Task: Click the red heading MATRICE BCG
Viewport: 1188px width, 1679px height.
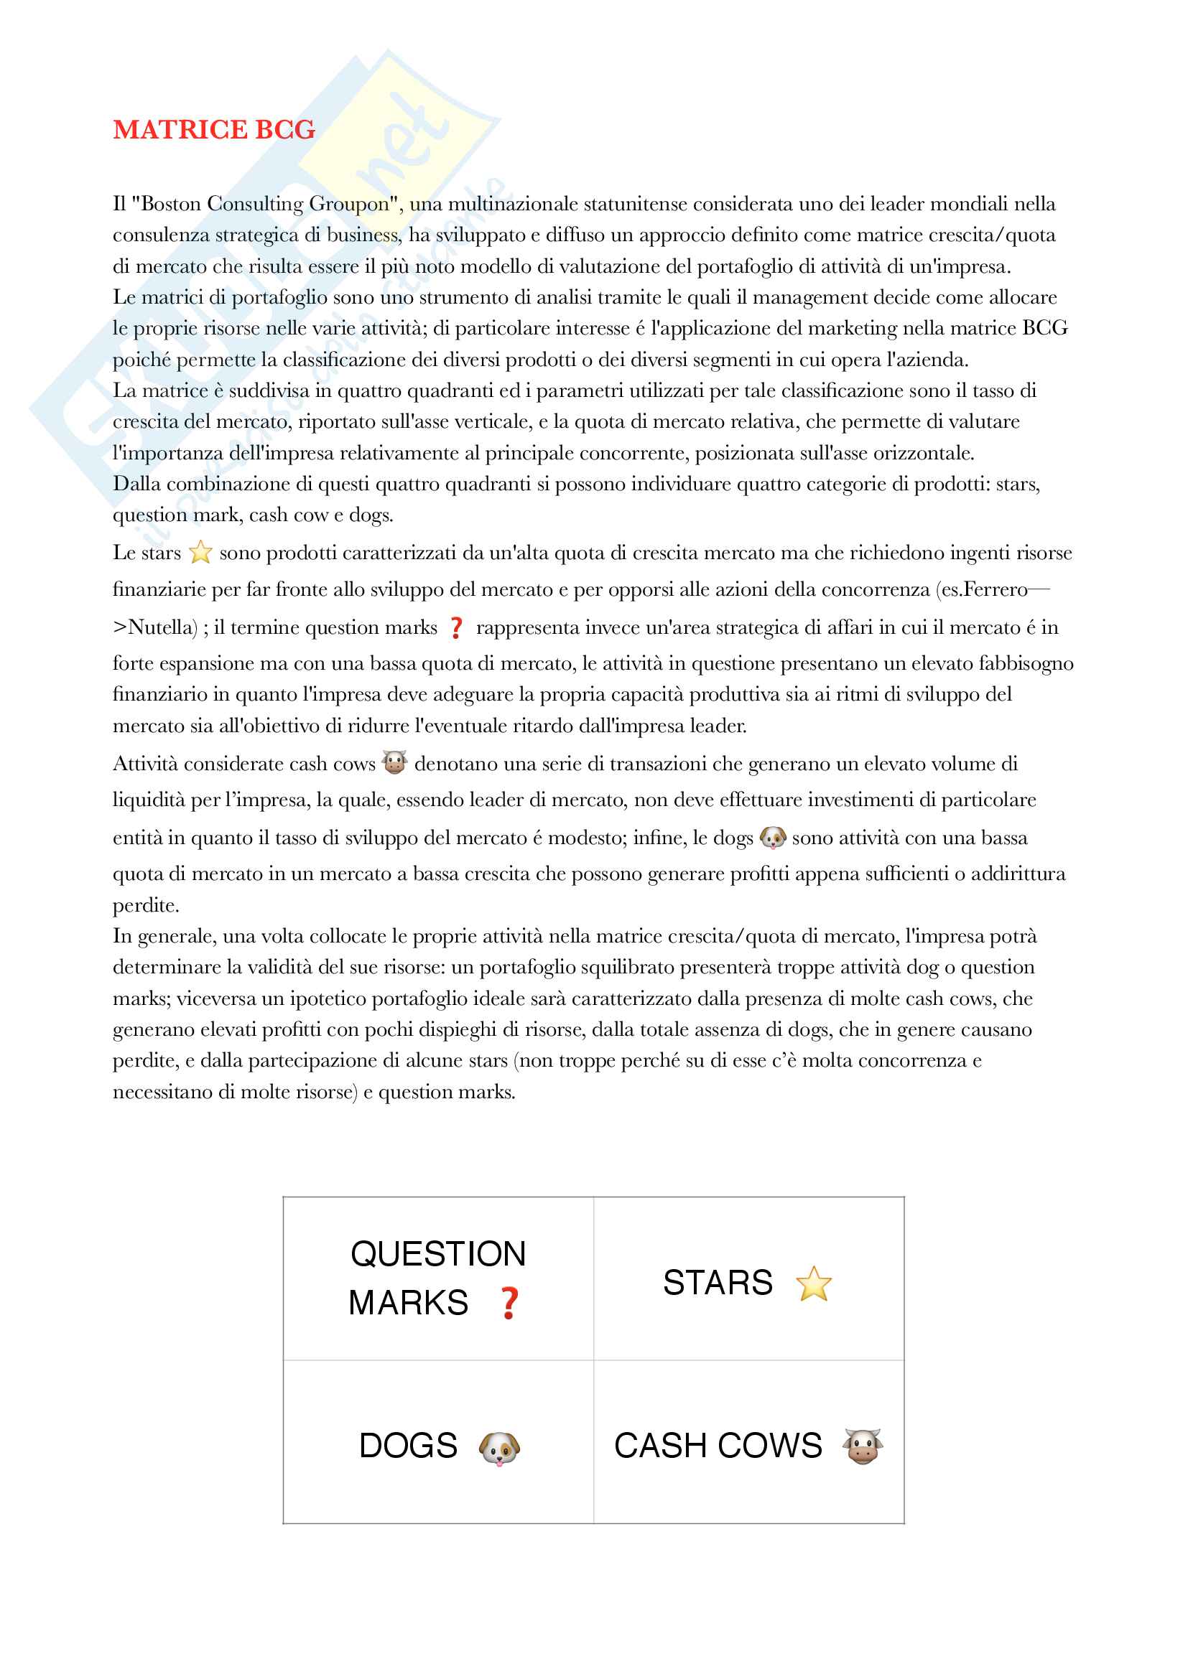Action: pyautogui.click(x=213, y=129)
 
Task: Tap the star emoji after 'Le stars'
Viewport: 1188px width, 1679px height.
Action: pyautogui.click(x=200, y=552)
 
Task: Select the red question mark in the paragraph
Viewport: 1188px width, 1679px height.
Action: pyautogui.click(x=456, y=627)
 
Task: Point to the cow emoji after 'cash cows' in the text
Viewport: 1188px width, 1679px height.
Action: pyautogui.click(x=394, y=763)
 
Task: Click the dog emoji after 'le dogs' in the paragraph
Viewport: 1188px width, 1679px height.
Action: pyautogui.click(x=773, y=837)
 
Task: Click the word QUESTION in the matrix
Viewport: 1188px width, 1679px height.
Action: pyautogui.click(x=438, y=1254)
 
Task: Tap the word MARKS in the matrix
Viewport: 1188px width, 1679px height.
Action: pyautogui.click(x=408, y=1303)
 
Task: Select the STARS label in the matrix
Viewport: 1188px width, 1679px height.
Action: pyautogui.click(x=718, y=1283)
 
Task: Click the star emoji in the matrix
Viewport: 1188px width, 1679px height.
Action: pyautogui.click(x=814, y=1284)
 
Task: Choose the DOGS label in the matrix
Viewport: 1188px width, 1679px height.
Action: pyautogui.click(x=408, y=1446)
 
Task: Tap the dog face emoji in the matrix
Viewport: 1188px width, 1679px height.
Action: pyautogui.click(x=499, y=1448)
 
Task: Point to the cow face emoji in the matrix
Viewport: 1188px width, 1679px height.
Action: pyautogui.click(x=863, y=1446)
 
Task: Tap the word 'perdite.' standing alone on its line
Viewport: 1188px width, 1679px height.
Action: pyautogui.click(x=146, y=905)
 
